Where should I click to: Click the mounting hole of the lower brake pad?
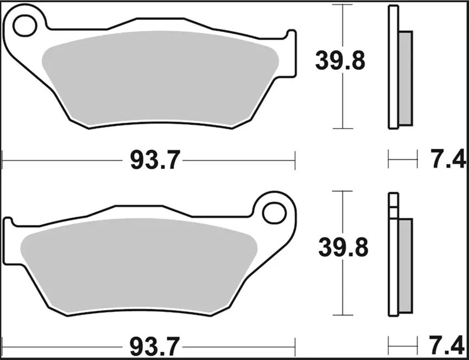[274, 212]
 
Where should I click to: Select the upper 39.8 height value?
[340, 61]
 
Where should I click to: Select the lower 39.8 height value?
[343, 248]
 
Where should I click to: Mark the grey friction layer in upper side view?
[405, 76]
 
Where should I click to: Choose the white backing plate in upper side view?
[393, 68]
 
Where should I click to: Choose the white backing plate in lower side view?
[393, 261]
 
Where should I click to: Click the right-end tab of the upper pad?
[291, 54]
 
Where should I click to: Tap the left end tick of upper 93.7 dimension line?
[3, 161]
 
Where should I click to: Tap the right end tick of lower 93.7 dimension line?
[295, 345]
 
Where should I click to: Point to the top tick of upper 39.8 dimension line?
[342, 5]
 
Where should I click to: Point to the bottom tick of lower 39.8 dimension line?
[342, 315]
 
